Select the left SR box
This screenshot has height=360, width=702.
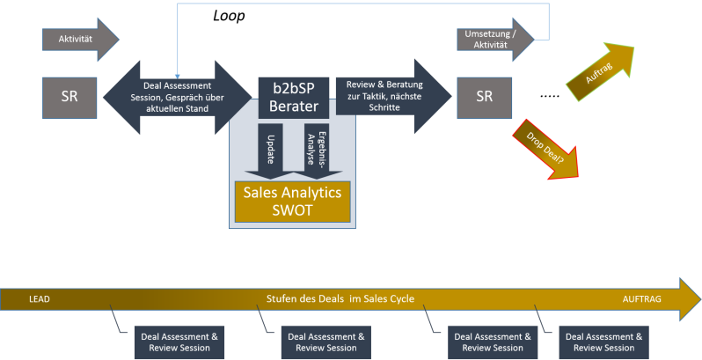coord(69,97)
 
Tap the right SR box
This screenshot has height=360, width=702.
coord(484,97)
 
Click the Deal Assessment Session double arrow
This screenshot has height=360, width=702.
coord(177,98)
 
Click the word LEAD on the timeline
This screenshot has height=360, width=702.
coord(40,299)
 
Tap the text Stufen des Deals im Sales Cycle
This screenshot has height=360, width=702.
coord(340,299)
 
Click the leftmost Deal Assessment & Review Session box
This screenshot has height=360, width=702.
coord(179,342)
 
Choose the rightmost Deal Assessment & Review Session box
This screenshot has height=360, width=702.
coord(604,342)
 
